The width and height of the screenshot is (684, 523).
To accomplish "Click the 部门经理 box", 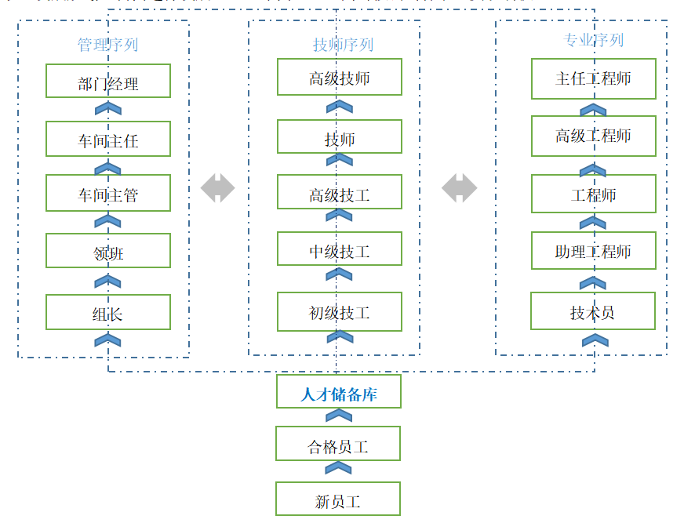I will (108, 81).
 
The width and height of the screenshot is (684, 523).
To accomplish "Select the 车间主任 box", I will (108, 139).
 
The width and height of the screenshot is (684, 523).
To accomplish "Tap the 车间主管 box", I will (108, 193).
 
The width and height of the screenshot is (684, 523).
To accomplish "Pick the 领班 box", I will (108, 251).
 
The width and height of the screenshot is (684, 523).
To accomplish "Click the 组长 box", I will (108, 312).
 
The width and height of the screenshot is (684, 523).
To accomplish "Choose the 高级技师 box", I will (340, 77).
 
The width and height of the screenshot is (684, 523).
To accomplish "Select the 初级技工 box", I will (340, 311).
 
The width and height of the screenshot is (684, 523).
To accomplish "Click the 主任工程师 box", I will (594, 78).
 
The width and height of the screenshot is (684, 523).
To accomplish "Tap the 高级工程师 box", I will (594, 135).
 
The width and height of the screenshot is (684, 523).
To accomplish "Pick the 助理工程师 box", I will (594, 251).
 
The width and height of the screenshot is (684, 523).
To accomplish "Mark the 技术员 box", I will (593, 311).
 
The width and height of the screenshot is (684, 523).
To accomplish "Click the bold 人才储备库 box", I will (339, 392).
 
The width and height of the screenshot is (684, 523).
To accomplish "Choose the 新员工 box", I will (338, 499).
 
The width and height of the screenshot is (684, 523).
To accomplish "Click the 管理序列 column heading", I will (107, 44).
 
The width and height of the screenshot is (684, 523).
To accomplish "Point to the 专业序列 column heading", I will (594, 39).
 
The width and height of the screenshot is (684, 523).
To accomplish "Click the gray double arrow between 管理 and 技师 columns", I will (218, 188).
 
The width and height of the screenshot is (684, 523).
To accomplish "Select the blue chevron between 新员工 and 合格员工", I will (338, 469).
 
